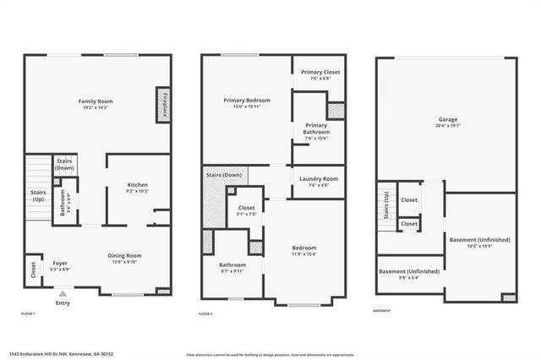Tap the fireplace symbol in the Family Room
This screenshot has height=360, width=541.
[x=161, y=102]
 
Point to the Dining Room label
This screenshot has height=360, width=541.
[x=124, y=255]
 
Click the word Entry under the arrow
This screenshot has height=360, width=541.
[x=63, y=303]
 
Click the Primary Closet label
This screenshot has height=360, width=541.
[x=320, y=72]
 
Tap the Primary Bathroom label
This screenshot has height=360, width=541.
[x=316, y=128]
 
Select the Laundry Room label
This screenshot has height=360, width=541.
[x=319, y=178]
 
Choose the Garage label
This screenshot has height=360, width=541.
[x=448, y=119]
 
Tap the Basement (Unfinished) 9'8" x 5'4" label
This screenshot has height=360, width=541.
[x=409, y=271]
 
